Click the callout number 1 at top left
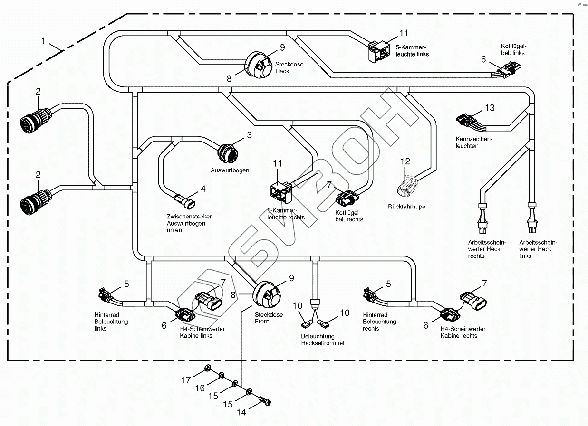(43, 41)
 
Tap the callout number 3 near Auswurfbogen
(249, 135)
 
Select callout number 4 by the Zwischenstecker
(203, 189)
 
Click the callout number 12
(405, 161)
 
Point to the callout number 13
(490, 108)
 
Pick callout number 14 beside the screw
(241, 412)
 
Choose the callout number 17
(186, 380)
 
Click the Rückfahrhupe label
(406, 207)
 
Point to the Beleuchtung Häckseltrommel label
(322, 340)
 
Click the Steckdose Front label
(269, 318)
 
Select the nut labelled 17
(207, 369)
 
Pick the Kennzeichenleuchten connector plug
(465, 121)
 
